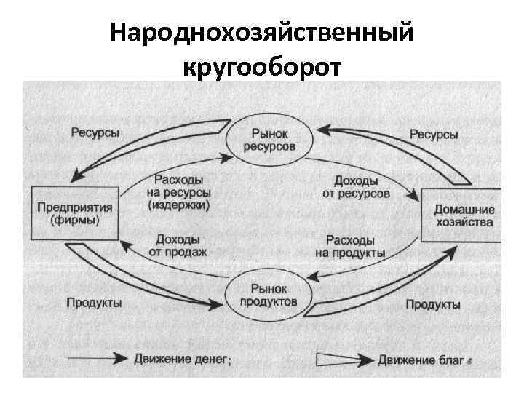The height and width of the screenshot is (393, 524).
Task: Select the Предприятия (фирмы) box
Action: point(76,213)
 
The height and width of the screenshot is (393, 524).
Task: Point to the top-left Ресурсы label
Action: point(95,132)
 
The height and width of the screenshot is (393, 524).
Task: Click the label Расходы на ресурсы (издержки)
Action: point(178,192)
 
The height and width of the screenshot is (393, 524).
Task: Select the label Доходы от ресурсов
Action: point(357,187)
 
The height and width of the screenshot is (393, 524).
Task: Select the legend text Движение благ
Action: point(424,360)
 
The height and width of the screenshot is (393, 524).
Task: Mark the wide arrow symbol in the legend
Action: point(342,360)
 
